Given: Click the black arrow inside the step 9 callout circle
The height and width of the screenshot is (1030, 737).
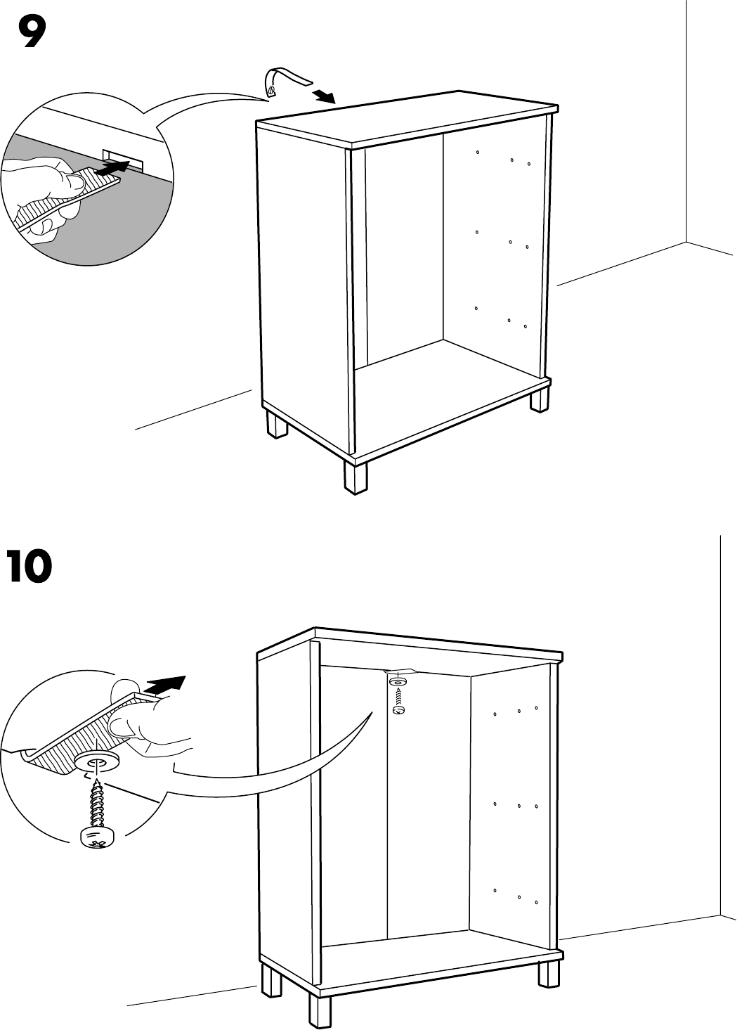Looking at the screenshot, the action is pos(112,168).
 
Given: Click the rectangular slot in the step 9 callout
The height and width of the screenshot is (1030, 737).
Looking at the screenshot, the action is pos(123,159).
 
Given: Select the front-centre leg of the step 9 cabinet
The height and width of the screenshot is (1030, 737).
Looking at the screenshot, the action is pos(356,477).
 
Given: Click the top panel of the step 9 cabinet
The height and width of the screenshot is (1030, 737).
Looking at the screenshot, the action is pos(407,120).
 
